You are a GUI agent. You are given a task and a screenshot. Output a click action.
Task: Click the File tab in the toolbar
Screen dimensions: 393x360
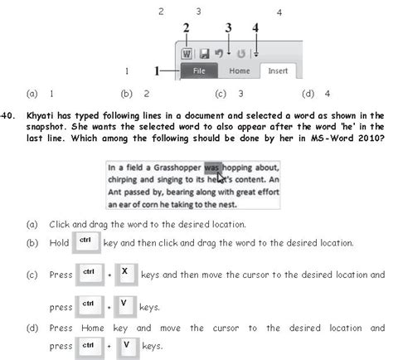click(200, 71)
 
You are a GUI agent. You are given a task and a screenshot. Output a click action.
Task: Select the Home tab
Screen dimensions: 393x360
click(240, 71)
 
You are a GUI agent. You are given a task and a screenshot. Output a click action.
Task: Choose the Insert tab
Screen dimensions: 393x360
click(278, 71)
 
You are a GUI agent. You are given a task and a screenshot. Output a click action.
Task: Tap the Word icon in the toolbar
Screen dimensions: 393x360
click(187, 53)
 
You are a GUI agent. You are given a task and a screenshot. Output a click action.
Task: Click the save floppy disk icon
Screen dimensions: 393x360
click(203, 53)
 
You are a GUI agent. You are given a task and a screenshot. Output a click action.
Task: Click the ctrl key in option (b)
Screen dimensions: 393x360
click(85, 242)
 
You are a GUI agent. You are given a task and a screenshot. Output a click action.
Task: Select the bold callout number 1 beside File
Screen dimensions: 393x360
click(158, 71)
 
